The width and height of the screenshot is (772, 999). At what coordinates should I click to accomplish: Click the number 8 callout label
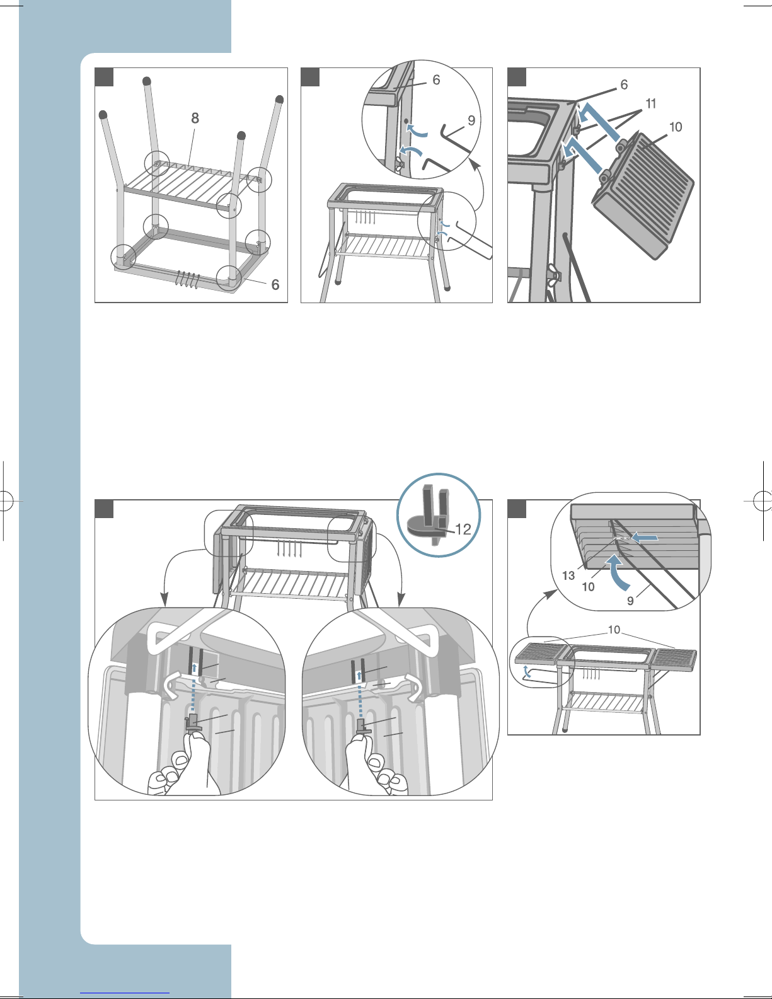(195, 118)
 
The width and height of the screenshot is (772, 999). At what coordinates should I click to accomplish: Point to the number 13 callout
(568, 575)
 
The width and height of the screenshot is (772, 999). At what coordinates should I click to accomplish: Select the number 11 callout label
(651, 104)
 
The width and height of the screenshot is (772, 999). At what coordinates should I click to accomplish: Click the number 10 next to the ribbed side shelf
(675, 127)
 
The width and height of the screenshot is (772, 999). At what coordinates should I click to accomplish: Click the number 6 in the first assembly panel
(275, 285)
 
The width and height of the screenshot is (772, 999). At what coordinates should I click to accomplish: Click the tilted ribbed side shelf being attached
(643, 195)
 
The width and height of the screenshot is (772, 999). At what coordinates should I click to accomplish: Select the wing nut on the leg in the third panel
(554, 273)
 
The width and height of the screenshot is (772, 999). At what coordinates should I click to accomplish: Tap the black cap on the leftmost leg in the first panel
(103, 115)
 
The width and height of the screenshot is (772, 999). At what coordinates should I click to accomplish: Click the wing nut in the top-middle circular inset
(398, 166)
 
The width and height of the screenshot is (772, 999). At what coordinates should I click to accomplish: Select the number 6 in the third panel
(624, 84)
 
